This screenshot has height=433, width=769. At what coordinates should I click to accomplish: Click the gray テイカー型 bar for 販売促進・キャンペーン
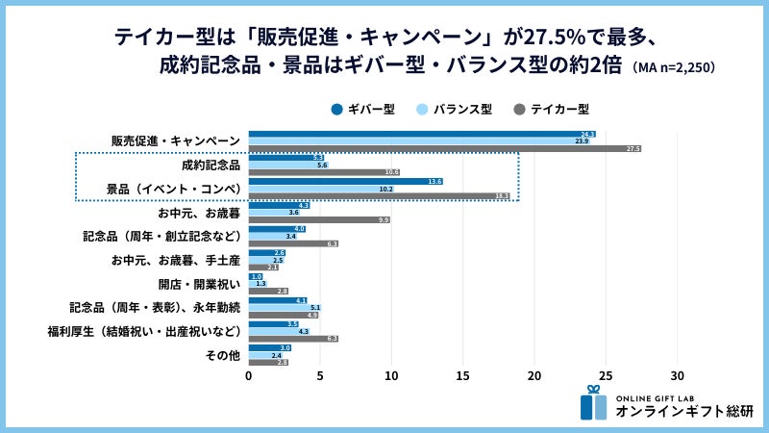click(x=444, y=149)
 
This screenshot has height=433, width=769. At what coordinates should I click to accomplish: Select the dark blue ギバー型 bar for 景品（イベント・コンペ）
click(x=345, y=181)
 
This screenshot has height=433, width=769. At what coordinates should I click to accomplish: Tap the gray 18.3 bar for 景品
click(x=379, y=196)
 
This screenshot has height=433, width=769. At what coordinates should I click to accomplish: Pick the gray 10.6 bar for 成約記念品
click(x=324, y=172)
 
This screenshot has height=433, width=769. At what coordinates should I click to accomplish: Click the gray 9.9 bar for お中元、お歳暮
click(x=319, y=220)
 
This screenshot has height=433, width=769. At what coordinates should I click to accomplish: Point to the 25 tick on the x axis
click(x=606, y=375)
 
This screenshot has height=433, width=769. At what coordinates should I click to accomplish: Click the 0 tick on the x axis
click(x=249, y=375)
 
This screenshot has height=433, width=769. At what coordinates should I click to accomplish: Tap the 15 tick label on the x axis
click(x=463, y=375)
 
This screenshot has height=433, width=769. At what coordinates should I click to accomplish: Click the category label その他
click(x=224, y=355)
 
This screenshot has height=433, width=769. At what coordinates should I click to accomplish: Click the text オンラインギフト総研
click(x=684, y=411)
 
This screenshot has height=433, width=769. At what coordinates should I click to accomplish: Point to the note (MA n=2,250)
click(x=673, y=68)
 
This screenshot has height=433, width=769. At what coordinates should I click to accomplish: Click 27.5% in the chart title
click(x=557, y=38)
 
